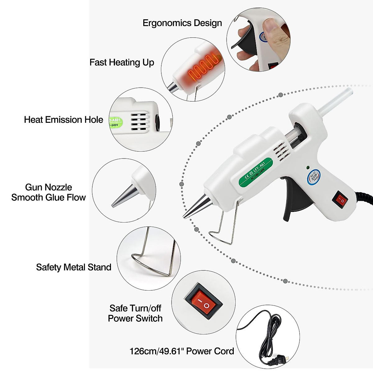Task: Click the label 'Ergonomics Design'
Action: point(182,23)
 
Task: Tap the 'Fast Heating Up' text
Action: point(122,62)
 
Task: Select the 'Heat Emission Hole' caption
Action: point(63,120)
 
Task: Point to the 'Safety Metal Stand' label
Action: point(74,267)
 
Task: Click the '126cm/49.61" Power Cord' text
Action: point(182,351)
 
